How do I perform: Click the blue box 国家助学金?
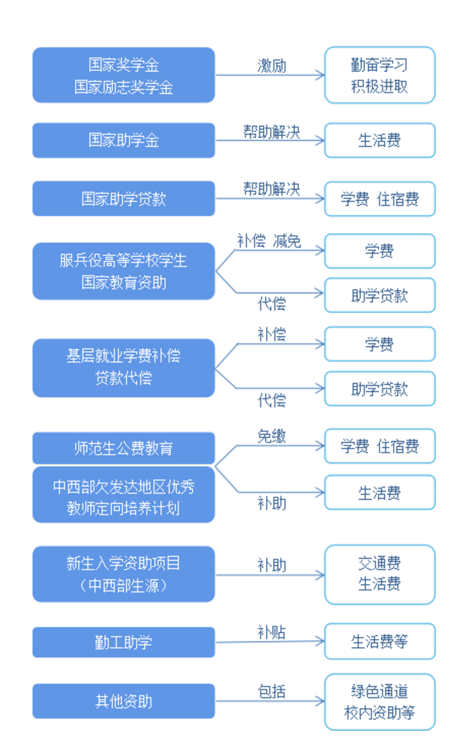click(123, 140)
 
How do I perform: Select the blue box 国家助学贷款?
click(123, 198)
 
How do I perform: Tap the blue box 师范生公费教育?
click(123, 448)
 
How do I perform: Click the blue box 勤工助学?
click(123, 642)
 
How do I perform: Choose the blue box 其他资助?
click(123, 701)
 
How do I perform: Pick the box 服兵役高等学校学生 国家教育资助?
click(123, 271)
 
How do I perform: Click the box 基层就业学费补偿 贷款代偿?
click(123, 368)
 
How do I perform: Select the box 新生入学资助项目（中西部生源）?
click(123, 574)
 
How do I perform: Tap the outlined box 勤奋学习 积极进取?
click(380, 75)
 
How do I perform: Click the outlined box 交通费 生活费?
click(380, 574)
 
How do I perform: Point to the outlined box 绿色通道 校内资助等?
click(380, 702)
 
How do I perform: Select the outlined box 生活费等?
click(380, 641)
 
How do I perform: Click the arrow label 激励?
click(272, 66)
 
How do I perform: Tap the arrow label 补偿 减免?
click(269, 241)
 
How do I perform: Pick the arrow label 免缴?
click(272, 436)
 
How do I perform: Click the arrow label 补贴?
click(272, 632)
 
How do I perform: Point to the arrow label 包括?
click(272, 692)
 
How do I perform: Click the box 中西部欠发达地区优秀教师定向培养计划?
click(123, 495)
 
